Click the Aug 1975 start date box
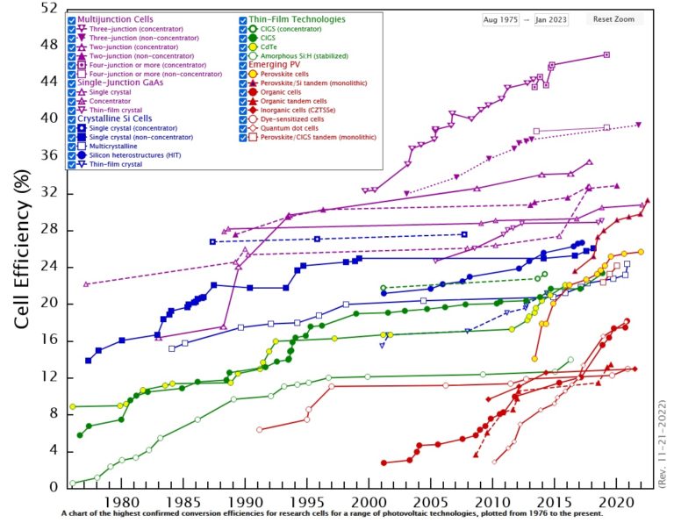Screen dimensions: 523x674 [x=502, y=19]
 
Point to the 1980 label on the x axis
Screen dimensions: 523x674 [x=122, y=502]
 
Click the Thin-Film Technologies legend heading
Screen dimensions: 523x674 [x=298, y=18]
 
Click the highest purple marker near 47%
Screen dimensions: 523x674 [x=606, y=54]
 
